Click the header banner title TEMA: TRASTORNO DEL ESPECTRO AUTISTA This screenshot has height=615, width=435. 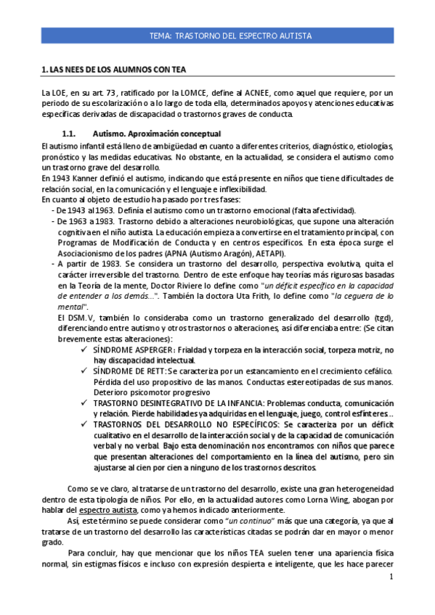[x=230, y=35]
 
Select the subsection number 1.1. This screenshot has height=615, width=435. [x=70, y=134]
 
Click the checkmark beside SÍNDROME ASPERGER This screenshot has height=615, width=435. [x=86, y=350]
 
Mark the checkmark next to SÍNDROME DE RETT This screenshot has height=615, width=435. [x=86, y=371]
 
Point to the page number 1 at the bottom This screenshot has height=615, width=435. [x=390, y=577]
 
